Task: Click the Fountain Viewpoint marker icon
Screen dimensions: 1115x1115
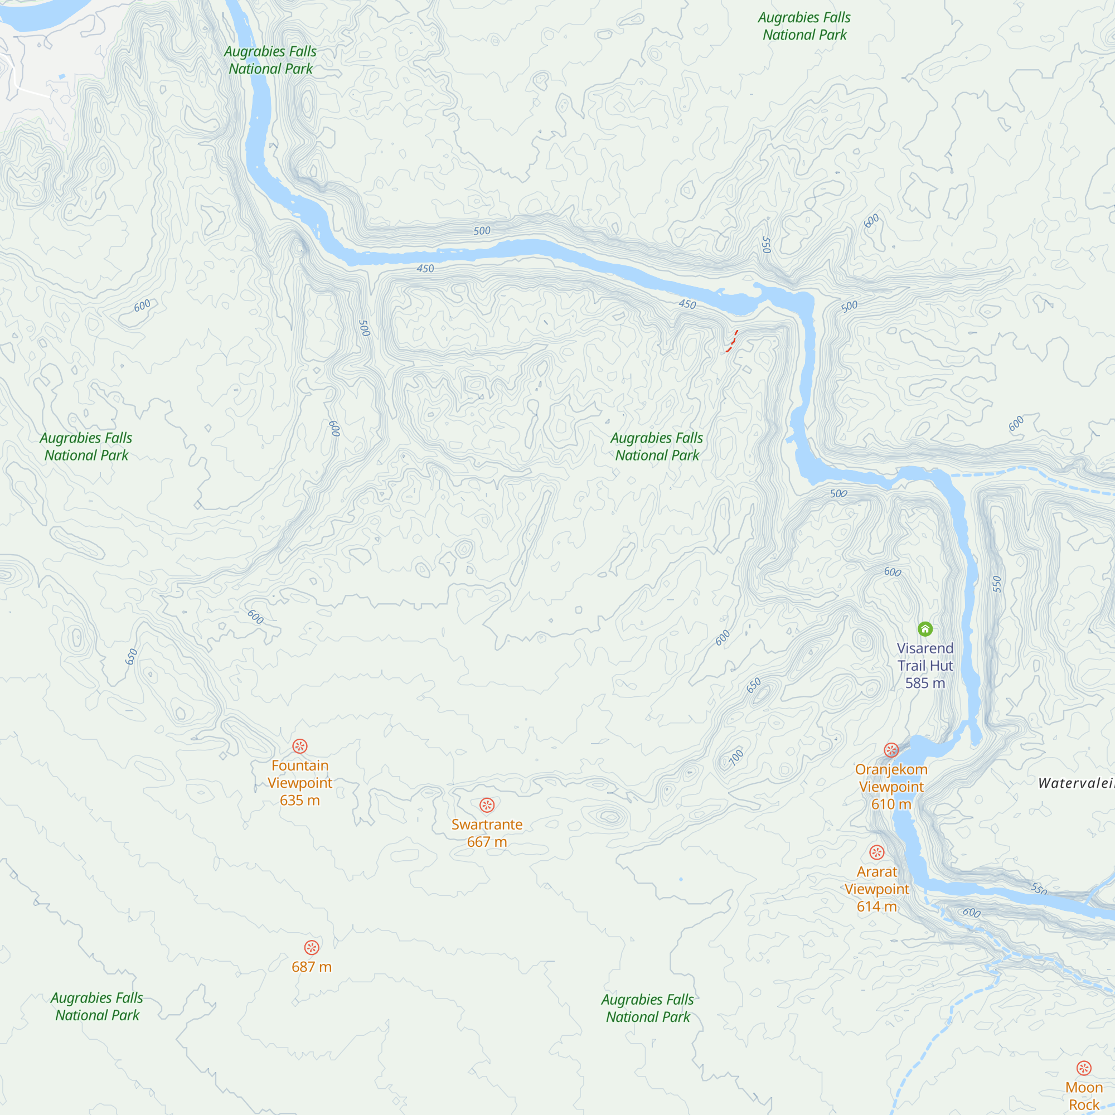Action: click(x=299, y=746)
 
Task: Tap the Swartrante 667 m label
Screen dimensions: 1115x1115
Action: click(x=487, y=833)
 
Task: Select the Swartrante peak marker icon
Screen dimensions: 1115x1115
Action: click(x=487, y=805)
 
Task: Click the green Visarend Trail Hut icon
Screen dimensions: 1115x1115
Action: click(x=924, y=628)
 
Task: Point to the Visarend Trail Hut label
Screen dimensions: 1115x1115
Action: click(x=924, y=666)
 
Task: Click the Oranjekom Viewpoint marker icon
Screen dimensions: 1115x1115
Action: click(x=891, y=750)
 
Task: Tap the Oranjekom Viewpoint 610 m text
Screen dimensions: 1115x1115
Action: click(x=891, y=786)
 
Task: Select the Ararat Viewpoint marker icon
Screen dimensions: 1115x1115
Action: click(x=876, y=852)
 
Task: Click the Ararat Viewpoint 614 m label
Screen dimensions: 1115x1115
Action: click(x=876, y=889)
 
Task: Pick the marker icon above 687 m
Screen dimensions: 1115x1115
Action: click(x=312, y=948)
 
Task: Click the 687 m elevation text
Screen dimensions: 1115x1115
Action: click(x=312, y=967)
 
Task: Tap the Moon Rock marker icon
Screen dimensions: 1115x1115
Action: click(x=1084, y=1068)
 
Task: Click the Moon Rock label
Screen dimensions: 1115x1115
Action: click(x=1084, y=1095)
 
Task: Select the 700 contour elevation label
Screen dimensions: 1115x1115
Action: click(x=736, y=757)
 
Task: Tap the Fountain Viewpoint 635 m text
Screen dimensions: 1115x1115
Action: click(x=299, y=783)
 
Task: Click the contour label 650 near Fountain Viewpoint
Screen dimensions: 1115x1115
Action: click(x=132, y=657)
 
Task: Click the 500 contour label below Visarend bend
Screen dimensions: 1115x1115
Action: click(x=838, y=493)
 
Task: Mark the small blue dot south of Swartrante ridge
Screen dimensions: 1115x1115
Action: click(x=681, y=880)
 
